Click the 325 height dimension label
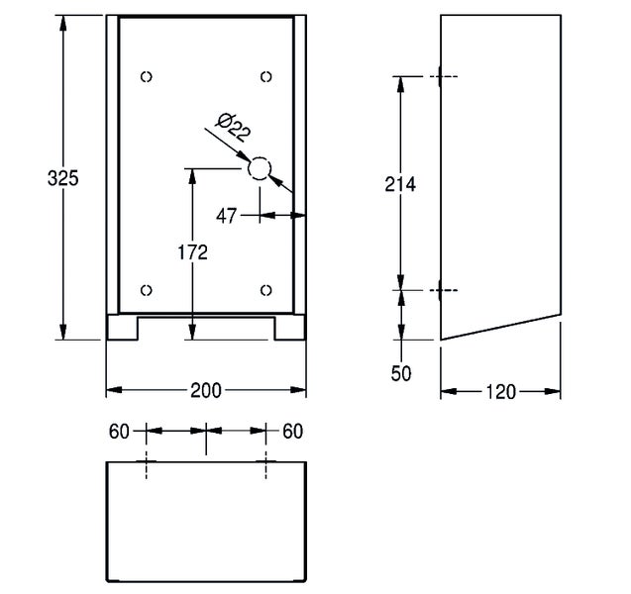62,178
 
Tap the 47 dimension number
226,217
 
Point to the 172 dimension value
193,252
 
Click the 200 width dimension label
206,390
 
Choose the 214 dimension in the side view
400,184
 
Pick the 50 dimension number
401,373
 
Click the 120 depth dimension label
500,392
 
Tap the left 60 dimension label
119,432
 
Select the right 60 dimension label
292,432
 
